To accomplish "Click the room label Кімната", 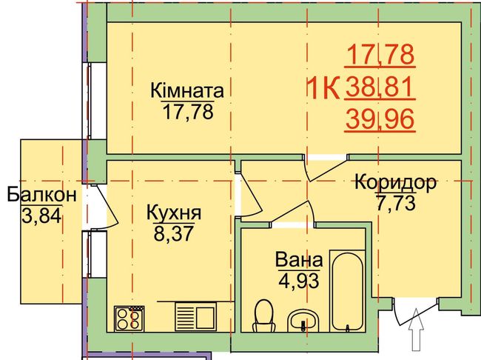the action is coord(186,91).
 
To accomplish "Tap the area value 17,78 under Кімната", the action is coord(188,112).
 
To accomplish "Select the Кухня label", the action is coord(174,213).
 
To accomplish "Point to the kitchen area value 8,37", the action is coord(174,233).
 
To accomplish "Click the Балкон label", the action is coord(41,195).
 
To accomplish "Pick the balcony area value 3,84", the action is coord(42,216).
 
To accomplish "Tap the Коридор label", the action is coord(395,182).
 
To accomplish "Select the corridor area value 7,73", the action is coord(396,204).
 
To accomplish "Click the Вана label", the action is coord(299,260).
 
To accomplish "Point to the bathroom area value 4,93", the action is coord(299,281).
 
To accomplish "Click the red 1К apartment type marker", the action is coord(323,88).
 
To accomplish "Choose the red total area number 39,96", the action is coord(380,119).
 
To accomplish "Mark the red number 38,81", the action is coord(380,87).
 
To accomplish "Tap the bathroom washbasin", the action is coord(303,321).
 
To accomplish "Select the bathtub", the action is coord(347,291).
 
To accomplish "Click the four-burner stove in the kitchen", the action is coord(129,319).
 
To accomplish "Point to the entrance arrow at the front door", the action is coord(416,330).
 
